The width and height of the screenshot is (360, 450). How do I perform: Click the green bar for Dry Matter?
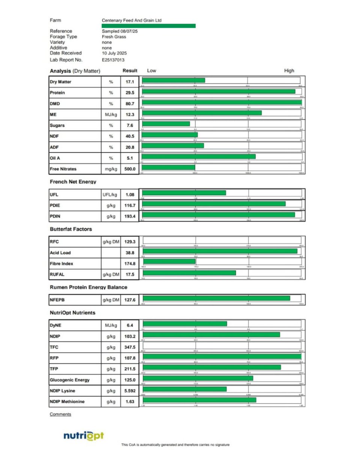[x=173, y=80]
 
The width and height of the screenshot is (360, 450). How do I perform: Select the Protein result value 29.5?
[x=129, y=93]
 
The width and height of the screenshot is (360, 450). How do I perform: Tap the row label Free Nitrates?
[x=63, y=169]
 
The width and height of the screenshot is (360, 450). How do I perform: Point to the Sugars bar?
[x=166, y=124]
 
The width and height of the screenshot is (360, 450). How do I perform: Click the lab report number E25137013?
[x=113, y=60]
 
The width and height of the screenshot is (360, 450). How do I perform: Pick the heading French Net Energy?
[x=73, y=182]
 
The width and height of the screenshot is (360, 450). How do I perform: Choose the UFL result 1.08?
[x=129, y=195]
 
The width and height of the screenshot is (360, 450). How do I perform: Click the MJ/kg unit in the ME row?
[x=111, y=115]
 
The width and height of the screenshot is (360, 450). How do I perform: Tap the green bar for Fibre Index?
[x=169, y=261]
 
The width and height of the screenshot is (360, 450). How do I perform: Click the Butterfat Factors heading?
[x=71, y=229]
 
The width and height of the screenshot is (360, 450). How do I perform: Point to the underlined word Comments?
[x=60, y=414]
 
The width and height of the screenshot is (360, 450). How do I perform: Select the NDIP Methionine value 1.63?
[x=129, y=402]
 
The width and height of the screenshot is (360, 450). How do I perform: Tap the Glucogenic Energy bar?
[x=198, y=378]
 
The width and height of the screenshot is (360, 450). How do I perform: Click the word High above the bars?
[x=289, y=70]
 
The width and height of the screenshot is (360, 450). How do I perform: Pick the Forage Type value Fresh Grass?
[x=114, y=37]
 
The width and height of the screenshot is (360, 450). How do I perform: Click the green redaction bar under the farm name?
[x=148, y=26]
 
